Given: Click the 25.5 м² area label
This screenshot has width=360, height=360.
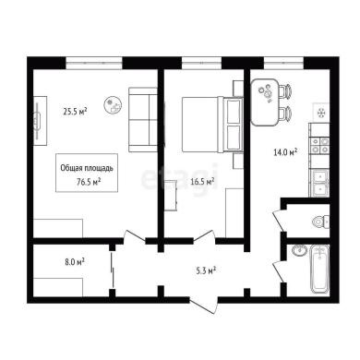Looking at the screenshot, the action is coord(75,112).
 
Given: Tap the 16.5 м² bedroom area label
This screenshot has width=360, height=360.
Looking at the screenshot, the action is coord(202,182).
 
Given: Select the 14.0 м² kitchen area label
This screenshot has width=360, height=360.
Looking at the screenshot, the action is coord(285,152).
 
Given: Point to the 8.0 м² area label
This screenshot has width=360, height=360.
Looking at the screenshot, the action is coord(74,262).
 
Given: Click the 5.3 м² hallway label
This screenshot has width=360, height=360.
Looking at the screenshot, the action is coord(206,271).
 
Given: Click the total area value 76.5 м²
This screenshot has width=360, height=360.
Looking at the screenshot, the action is coord(89,182).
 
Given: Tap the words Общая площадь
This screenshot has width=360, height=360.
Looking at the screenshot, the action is coord(87,168).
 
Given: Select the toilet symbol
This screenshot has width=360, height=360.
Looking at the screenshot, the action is coord(320,222).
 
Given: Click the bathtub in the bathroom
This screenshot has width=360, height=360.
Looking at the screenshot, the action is coord(319,269).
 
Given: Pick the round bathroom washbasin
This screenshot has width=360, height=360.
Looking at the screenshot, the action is coord(299,250).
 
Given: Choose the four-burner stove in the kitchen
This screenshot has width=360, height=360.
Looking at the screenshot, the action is coord(320,146).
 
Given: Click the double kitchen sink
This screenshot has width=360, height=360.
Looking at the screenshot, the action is coord(320,182).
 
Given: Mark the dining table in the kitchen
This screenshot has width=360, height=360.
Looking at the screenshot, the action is coord(265,102).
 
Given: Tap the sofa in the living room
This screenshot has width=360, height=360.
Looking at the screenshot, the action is coord(143,120).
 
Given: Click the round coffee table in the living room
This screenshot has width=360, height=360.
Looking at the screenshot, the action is coord(113,105).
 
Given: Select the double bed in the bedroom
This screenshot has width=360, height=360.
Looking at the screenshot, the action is coord(212,125).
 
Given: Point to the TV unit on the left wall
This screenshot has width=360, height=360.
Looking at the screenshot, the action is coord(40,121).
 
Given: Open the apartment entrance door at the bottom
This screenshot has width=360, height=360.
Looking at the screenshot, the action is coord(204,305).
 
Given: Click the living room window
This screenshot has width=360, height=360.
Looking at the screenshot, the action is coord(94,63).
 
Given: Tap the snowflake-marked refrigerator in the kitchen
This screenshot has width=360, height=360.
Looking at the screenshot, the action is coord(321,113).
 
